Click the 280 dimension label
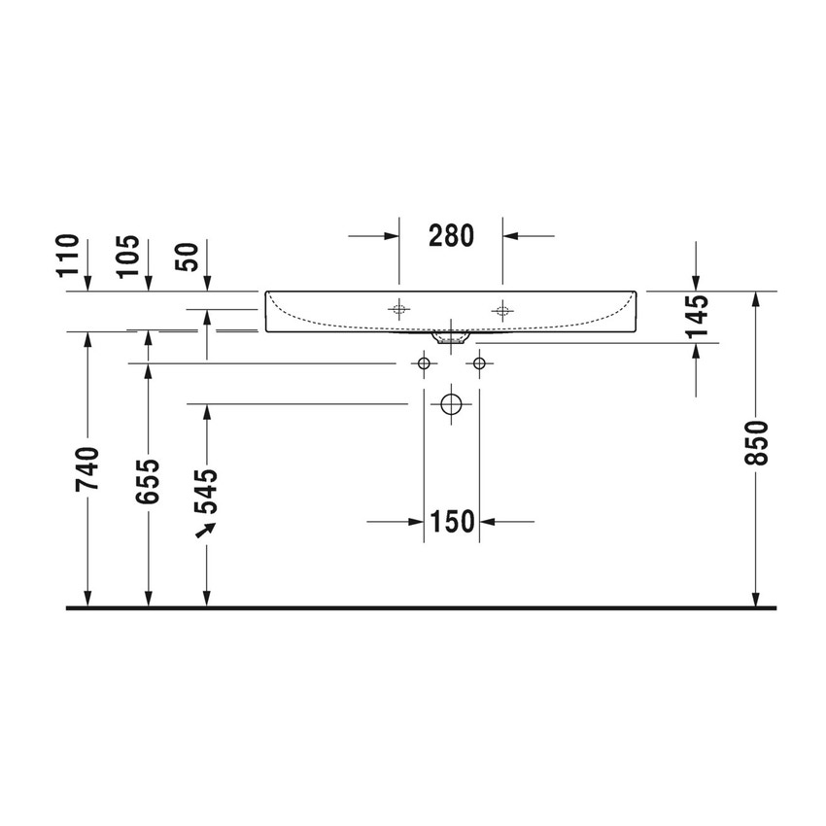450,235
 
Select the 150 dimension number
452,522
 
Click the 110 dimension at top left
67,256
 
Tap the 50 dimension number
188,257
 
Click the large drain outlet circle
451,403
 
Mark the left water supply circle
423,363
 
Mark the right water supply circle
479,363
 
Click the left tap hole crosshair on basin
398,311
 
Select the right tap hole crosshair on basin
502,311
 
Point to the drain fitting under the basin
451,338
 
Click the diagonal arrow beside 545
204,530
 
